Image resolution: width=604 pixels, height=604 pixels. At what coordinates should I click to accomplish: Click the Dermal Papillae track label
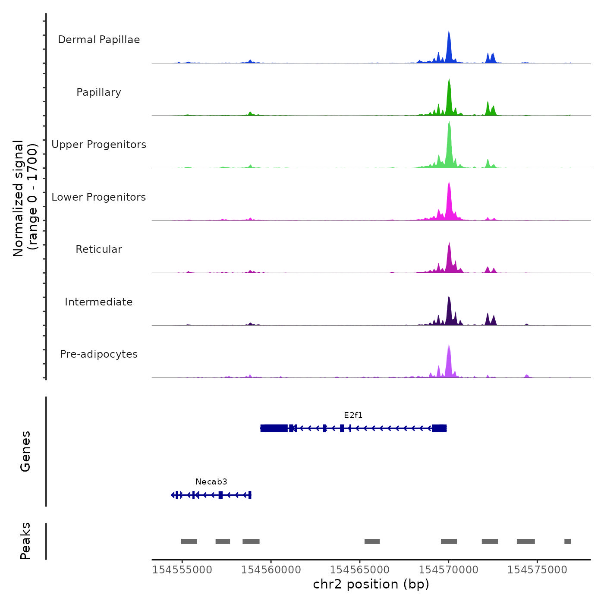(99, 40)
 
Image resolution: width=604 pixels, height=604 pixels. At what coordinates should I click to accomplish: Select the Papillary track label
(99, 92)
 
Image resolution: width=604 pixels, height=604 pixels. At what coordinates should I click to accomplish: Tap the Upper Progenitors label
(99, 145)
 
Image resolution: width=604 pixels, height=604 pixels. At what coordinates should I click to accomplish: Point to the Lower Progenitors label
(99, 197)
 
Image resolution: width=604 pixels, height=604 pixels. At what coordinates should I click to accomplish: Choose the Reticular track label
(99, 249)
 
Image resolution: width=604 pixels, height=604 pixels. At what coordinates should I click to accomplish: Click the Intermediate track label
(99, 302)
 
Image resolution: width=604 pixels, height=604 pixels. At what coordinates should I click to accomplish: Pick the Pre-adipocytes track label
(99, 354)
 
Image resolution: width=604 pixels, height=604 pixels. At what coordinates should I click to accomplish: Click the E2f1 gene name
(353, 415)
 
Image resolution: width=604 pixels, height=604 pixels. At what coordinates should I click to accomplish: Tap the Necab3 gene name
(211, 482)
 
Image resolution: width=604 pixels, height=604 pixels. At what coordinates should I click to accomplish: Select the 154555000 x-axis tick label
(182, 570)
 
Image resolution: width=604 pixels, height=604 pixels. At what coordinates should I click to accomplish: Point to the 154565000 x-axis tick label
(360, 570)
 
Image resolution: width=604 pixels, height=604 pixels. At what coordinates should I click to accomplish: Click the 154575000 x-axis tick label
(537, 570)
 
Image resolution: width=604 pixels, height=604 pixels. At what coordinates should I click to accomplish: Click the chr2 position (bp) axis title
(371, 584)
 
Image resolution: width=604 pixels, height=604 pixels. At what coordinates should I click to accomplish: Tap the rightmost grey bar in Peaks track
(567, 541)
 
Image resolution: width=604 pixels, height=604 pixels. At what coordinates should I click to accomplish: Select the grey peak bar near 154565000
(372, 541)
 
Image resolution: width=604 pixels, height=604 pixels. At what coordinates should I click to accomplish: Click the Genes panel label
(25, 451)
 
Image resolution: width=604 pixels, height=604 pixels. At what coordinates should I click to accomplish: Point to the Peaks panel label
(25, 541)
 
